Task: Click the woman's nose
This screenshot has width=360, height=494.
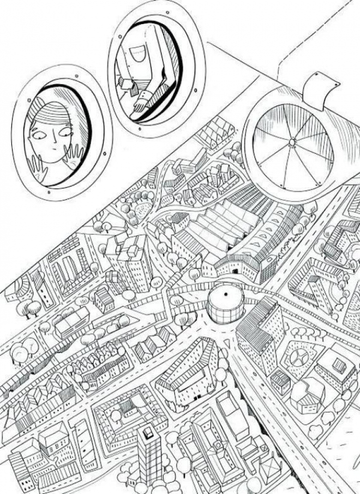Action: click(52, 142)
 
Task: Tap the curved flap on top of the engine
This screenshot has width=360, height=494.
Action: click(318, 90)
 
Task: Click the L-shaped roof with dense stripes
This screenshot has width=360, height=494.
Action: click(255, 328)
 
